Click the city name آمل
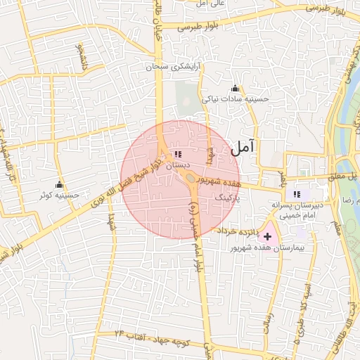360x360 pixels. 243,148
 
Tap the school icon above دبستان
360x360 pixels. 177,153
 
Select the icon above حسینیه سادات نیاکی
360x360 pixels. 235,88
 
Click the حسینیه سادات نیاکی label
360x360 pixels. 236,100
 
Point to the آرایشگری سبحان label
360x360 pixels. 173,68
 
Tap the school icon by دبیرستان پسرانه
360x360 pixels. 297,194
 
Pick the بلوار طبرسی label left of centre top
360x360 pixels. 198,27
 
